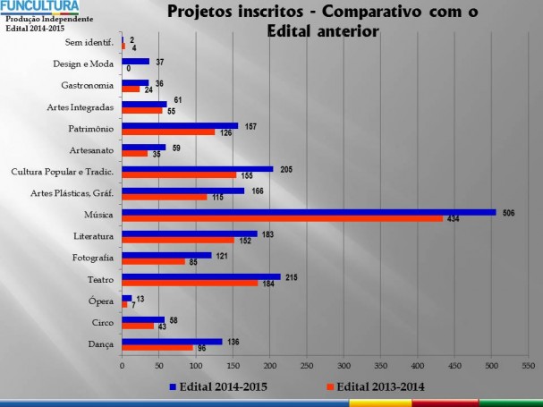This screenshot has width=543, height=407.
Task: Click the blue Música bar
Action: click(x=309, y=212)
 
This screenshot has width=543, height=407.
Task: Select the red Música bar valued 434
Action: click(x=282, y=218)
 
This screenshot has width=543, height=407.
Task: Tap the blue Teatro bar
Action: click(x=201, y=276)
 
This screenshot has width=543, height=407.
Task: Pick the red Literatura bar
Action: click(x=178, y=240)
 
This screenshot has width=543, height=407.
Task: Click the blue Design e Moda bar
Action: click(x=135, y=61)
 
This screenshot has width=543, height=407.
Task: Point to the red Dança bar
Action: click(x=157, y=347)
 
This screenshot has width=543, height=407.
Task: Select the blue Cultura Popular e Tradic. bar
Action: click(x=198, y=168)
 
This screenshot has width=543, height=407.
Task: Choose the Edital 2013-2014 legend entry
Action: click(x=376, y=386)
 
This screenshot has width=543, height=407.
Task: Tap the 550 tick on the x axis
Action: click(x=528, y=365)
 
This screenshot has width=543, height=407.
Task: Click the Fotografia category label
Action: click(x=92, y=259)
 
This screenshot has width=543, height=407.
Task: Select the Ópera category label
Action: click(x=101, y=301)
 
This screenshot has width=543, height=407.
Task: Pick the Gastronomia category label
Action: click(x=87, y=86)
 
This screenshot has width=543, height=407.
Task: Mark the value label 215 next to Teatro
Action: click(x=291, y=276)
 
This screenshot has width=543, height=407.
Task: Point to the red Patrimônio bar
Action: click(x=168, y=132)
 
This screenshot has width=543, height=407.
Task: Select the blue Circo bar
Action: click(x=143, y=319)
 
